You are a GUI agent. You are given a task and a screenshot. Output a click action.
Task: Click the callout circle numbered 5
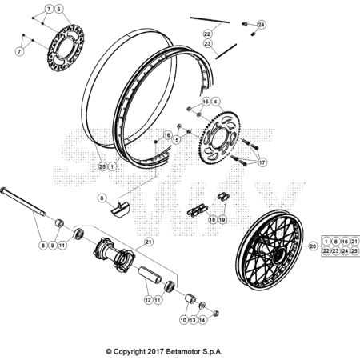point(58,9)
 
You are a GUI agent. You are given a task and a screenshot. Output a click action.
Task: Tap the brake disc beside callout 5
point(66,48)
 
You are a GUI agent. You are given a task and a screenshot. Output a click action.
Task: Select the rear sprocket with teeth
point(219,138)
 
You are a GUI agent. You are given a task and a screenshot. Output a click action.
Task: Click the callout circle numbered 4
point(215,102)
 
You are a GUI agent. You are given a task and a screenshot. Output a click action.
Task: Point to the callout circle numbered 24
point(262,25)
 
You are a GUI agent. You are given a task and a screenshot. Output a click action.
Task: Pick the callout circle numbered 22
point(207,34)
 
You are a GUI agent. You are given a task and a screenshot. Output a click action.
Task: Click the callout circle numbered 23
point(207,43)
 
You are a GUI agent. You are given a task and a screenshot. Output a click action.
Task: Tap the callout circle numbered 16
point(167,135)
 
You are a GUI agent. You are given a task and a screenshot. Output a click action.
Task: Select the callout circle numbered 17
point(262,162)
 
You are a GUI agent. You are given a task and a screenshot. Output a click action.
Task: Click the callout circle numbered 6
point(102,198)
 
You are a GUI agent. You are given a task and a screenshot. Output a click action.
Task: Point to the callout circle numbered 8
point(43,245)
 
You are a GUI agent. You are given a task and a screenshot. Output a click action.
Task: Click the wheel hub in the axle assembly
point(114,255)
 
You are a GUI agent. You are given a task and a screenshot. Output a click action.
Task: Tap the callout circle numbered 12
point(148,300)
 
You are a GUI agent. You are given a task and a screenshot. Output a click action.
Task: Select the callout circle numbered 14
point(202,320)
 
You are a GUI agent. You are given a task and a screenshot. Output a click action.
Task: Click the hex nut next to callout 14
point(216,313)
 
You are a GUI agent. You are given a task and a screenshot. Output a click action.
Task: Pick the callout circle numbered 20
point(313,246)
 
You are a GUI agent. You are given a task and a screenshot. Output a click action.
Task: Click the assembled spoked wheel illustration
point(270,250)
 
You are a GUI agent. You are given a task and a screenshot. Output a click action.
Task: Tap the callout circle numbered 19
point(222,219)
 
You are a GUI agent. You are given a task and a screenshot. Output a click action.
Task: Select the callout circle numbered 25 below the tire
point(102,166)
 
